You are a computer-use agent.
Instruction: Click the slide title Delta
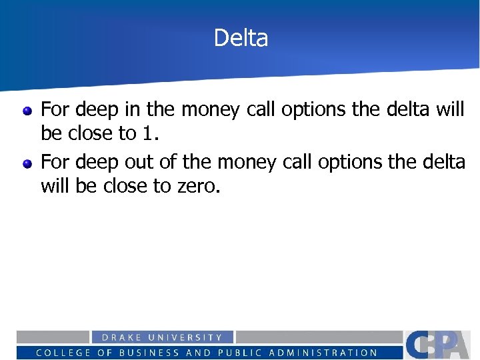click(241, 38)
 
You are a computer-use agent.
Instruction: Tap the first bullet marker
click(27, 111)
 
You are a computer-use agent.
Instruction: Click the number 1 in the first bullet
click(147, 133)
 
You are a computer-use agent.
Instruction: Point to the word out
click(140, 161)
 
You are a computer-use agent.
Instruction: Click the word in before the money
click(126, 109)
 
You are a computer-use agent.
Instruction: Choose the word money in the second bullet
click(257, 162)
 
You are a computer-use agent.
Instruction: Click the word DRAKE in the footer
click(122, 338)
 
